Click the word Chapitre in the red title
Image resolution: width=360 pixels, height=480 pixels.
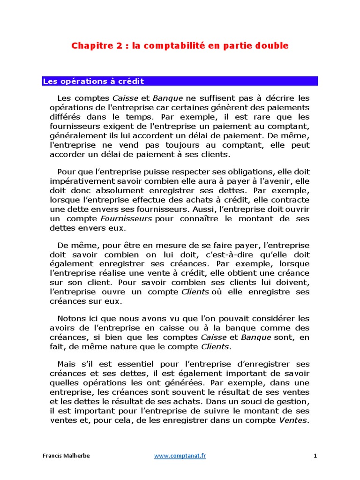[x=88, y=45]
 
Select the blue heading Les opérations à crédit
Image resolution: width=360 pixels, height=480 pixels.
[x=93, y=82]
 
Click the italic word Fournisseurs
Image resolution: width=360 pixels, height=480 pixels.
[x=126, y=219]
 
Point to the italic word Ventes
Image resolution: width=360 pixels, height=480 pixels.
[x=294, y=420]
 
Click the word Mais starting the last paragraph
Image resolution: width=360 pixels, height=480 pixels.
[x=66, y=364]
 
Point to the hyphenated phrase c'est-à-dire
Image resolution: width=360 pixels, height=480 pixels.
[x=226, y=255]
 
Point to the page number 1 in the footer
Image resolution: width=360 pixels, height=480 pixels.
[x=315, y=456]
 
